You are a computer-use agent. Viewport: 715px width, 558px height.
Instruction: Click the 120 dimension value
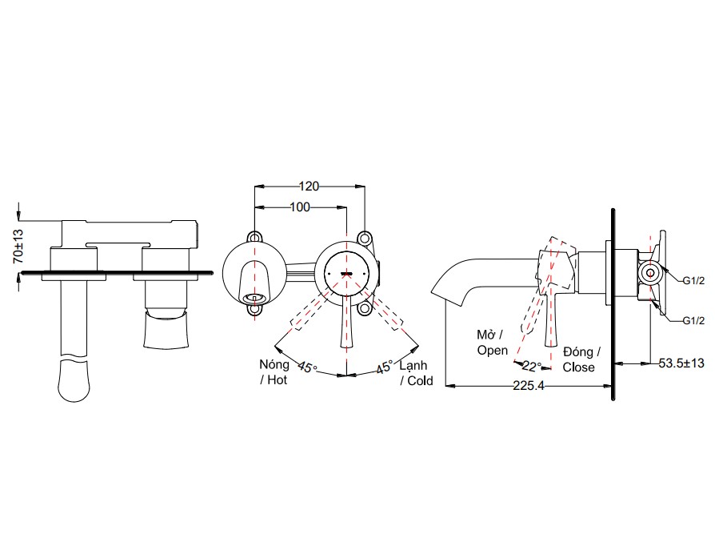(x=309, y=186)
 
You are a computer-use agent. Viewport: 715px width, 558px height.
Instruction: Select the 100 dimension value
(x=299, y=207)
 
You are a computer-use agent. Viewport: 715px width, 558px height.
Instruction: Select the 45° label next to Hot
(x=307, y=368)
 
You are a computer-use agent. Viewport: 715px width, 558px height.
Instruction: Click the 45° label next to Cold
(x=385, y=368)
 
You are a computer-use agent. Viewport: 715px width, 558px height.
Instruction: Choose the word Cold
(x=419, y=380)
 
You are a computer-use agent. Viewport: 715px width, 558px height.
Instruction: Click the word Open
(x=492, y=351)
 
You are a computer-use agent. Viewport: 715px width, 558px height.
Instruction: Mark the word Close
(x=579, y=367)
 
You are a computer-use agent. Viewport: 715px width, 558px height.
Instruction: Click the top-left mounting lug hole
(x=255, y=238)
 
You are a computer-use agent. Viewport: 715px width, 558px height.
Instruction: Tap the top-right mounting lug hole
(x=364, y=239)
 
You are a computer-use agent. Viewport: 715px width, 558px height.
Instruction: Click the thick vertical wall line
(x=613, y=304)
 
